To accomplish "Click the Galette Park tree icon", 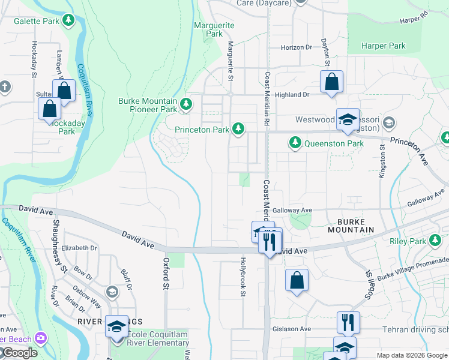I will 69,21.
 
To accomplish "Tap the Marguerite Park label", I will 214,29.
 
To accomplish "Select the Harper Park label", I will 384,46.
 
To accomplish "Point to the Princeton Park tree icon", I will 239,128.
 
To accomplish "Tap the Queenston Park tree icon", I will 295,143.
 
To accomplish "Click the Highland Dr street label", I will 292,95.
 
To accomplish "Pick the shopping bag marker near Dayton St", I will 331,83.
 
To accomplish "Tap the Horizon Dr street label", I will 297,47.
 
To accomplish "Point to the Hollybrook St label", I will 243,277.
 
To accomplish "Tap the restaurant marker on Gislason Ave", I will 348,323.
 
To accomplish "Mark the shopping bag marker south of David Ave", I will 297,280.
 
